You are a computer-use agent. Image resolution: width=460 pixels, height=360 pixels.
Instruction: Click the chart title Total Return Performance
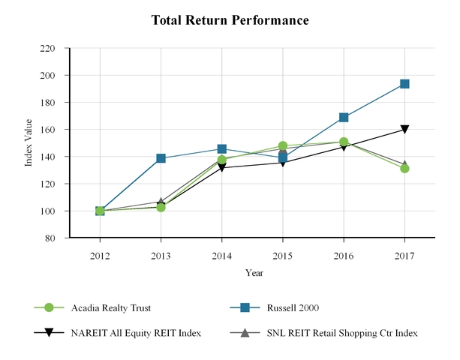[230, 20]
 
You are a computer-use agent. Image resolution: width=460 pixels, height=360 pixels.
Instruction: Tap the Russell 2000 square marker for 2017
[404, 84]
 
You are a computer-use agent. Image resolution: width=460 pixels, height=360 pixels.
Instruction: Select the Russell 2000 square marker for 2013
[161, 158]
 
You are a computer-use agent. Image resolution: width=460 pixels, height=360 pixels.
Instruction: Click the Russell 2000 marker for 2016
[344, 118]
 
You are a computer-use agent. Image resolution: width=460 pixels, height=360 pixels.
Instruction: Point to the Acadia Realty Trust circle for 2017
[404, 168]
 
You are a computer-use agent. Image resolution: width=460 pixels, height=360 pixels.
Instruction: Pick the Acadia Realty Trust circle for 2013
[161, 207]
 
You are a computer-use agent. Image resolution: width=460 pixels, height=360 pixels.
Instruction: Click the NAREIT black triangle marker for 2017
[404, 130]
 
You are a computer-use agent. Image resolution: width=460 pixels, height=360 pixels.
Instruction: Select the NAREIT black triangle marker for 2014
[221, 168]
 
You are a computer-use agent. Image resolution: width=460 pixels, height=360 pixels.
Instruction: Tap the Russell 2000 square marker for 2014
[221, 149]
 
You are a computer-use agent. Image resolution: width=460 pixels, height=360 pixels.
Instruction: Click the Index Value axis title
[29, 143]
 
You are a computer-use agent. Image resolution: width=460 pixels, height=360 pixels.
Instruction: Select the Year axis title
[253, 273]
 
